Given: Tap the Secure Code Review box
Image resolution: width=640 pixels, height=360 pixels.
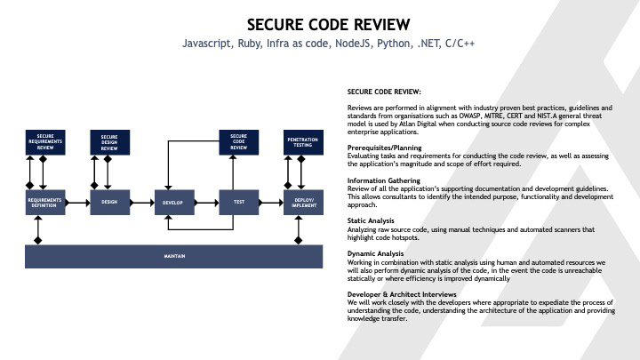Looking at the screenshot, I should click(x=238, y=142).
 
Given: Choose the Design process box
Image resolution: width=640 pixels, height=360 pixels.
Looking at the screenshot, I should click(x=110, y=203).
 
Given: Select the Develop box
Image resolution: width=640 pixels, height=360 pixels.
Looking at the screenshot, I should click(x=173, y=203).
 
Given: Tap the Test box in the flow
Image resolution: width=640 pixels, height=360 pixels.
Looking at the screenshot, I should click(x=238, y=203).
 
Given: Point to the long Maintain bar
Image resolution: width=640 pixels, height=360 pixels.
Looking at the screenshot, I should click(x=174, y=256).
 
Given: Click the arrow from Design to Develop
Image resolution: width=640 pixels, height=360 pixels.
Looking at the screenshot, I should click(x=142, y=203).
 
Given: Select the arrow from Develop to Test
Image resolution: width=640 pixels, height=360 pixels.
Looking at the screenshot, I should click(x=206, y=203).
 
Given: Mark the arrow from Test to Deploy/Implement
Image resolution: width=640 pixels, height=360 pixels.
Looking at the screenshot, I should click(x=271, y=203).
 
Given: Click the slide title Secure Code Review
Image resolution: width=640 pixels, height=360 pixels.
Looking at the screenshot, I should click(x=320, y=22).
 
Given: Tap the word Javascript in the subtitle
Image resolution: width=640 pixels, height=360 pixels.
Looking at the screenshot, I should click(x=207, y=43).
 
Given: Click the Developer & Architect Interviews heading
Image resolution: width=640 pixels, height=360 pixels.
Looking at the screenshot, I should click(x=401, y=293).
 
